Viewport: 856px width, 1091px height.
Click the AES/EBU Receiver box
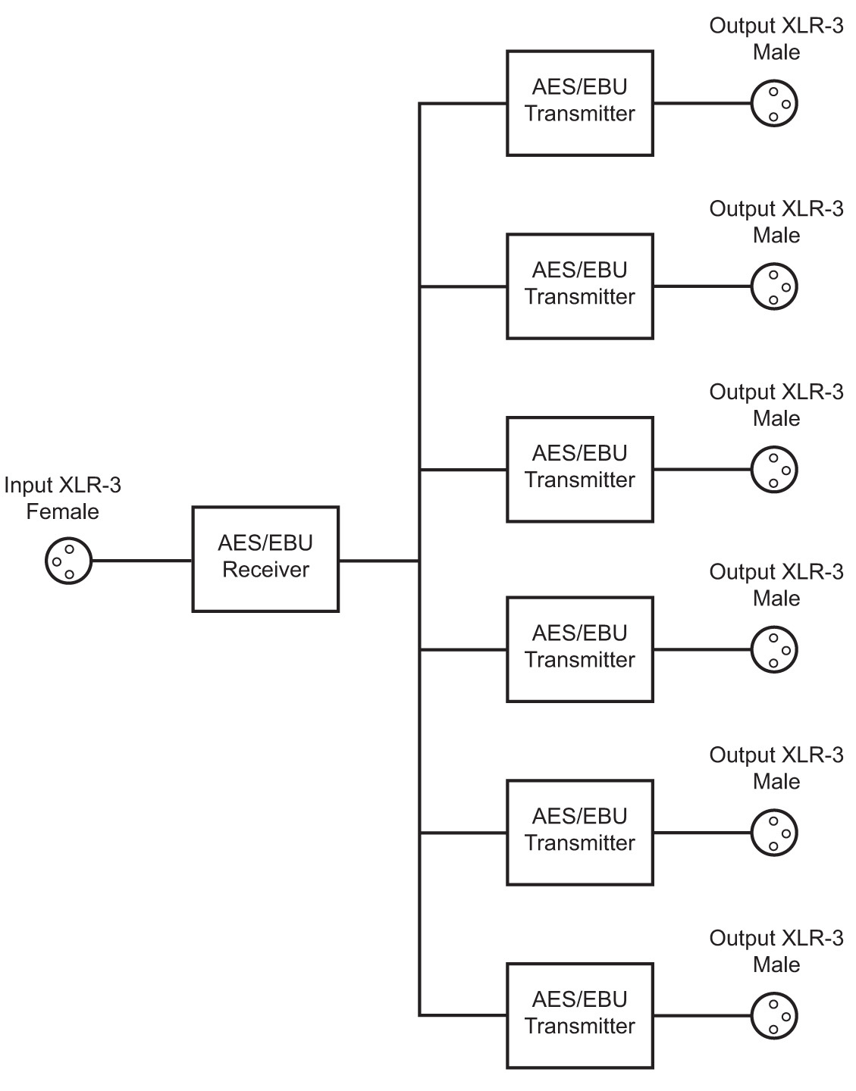265,559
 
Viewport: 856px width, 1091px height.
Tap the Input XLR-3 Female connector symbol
68,561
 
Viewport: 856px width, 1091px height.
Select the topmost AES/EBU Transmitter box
580,103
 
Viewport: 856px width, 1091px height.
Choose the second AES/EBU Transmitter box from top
580,286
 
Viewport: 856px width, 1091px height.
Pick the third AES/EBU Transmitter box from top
580,469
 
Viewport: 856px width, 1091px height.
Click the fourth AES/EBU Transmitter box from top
580,649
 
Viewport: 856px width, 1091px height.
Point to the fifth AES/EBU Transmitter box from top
580,833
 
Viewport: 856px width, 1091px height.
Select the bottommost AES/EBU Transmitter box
580,1015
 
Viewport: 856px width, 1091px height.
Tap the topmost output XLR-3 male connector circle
774,104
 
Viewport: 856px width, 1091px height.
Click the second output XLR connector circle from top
774,286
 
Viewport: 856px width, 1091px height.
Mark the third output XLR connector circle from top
774,470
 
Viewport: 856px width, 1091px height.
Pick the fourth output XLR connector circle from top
774,649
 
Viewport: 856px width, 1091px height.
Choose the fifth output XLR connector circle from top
774,833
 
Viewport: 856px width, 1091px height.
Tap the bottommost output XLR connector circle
774,1016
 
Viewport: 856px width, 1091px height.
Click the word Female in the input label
63,511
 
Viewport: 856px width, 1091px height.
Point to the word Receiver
265,570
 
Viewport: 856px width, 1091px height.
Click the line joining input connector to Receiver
141,561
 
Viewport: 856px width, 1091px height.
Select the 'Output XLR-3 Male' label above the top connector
776,39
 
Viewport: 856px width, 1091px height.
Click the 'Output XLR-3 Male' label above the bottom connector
776,951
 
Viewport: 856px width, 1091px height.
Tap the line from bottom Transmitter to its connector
701,1016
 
